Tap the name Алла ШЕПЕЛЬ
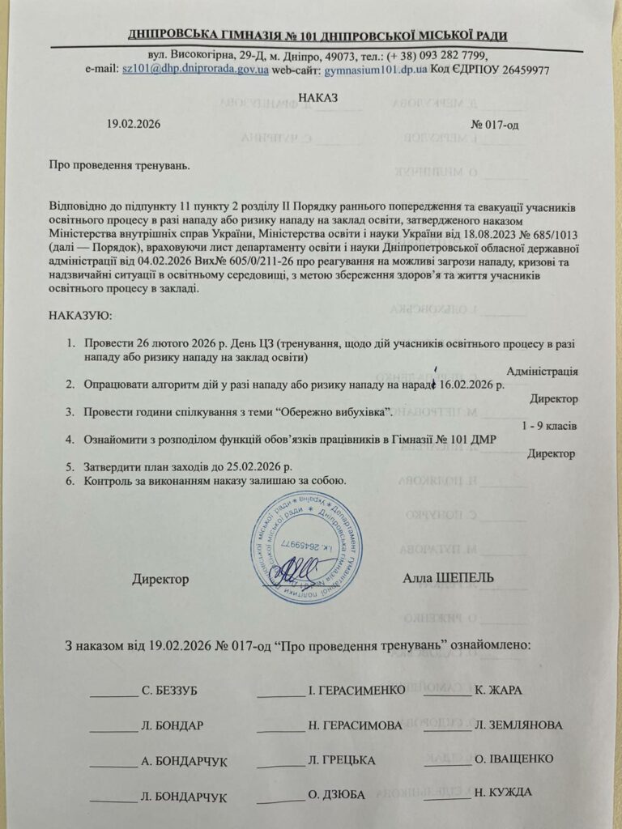click(x=448, y=578)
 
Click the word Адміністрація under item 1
click(x=542, y=372)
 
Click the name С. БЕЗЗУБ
click(x=169, y=691)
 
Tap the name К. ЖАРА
click(x=498, y=690)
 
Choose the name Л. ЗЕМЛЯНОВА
click(x=518, y=725)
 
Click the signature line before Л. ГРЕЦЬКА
click(x=280, y=760)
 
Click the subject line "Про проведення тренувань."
click(x=118, y=166)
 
